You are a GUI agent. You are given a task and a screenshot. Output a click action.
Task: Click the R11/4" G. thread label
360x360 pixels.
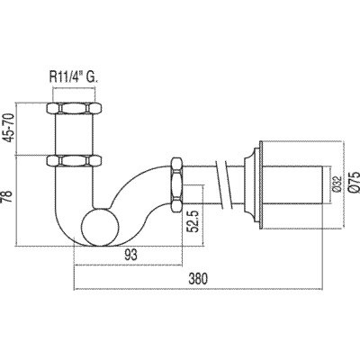[74, 77]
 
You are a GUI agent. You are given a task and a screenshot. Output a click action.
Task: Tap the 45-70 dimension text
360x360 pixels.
[9, 129]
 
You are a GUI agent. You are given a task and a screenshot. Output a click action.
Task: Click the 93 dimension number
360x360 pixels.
[130, 256]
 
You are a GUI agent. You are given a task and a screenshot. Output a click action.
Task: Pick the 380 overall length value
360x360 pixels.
[198, 279]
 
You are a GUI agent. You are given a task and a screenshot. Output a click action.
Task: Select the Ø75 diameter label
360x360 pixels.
[354, 182]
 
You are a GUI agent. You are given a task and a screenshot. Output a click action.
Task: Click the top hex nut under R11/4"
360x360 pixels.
[74, 108]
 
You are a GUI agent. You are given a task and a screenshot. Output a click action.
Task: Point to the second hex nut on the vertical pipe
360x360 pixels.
[74, 160]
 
